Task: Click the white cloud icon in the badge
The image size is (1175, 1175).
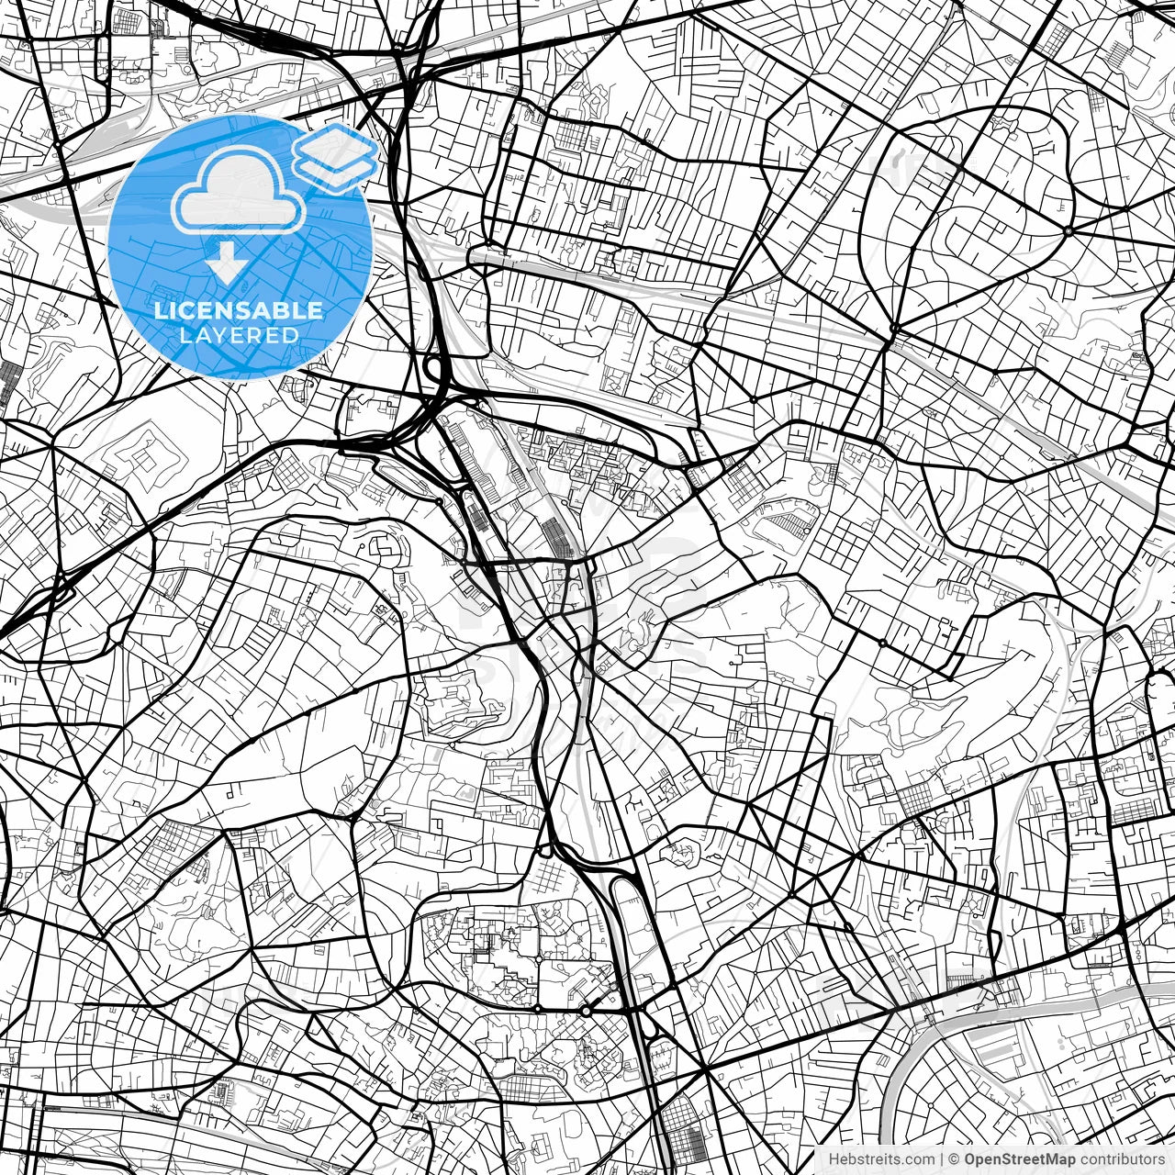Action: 239,191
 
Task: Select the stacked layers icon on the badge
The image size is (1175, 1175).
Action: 336,156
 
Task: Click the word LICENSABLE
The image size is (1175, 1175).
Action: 239,311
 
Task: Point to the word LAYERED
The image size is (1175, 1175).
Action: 239,335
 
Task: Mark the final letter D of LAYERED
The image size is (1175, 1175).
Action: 291,335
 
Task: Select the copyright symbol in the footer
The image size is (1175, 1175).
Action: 955,1159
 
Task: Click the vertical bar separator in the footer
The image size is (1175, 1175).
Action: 942,1159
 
